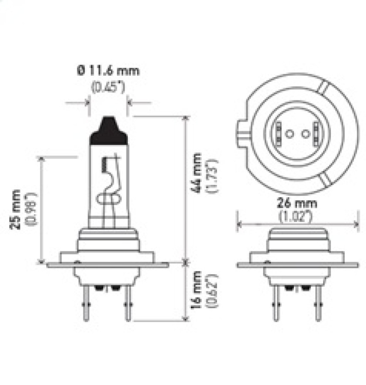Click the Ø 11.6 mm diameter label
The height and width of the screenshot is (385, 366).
pos(108,71)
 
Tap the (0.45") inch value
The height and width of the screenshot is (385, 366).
pos(108,87)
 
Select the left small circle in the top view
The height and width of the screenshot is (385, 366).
pos(289,134)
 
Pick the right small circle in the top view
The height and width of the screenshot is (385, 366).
pos(305,134)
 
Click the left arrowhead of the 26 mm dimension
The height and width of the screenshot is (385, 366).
pos(239,224)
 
